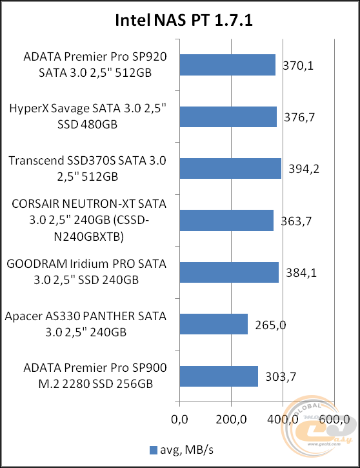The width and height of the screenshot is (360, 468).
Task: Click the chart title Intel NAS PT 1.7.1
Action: (183, 21)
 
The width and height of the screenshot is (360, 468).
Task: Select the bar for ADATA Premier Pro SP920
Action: (228, 65)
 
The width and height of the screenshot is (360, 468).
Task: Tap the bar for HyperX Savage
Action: (228, 117)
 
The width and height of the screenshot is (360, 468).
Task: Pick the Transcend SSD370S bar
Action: (230, 168)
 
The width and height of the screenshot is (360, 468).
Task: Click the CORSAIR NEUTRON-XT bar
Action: (226, 220)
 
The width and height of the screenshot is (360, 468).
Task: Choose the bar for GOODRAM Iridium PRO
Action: (229, 272)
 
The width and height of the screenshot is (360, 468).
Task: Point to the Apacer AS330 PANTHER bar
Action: (214, 324)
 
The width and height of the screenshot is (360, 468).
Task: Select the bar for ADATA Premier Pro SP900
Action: (219, 376)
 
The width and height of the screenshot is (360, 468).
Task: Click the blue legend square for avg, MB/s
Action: (153, 450)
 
